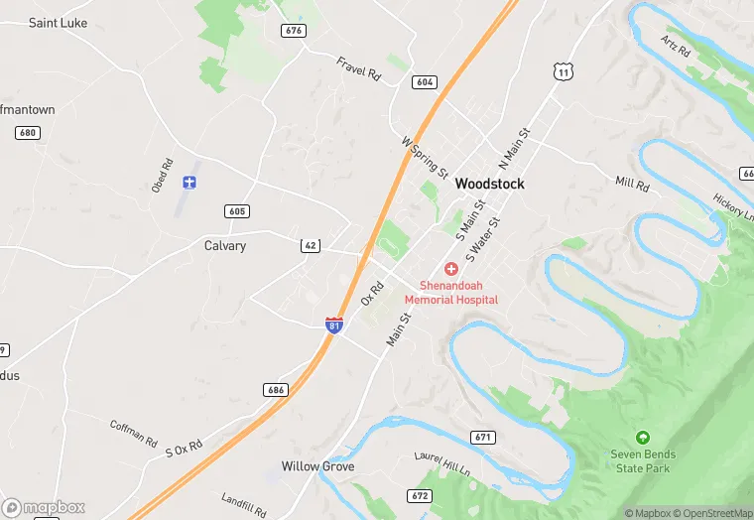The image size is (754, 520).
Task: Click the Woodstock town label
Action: coord(489,185)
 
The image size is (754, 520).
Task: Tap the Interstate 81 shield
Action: coord(334,324)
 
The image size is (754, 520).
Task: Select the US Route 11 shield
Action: coord(563,71)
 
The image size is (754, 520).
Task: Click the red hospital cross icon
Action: coord(451,269)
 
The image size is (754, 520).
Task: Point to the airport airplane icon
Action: coord(189,183)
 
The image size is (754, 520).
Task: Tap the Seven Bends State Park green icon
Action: coord(642,437)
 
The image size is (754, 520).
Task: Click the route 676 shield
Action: coord(293,31)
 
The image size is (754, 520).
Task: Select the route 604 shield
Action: coord(425,82)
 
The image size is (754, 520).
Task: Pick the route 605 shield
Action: coord(237,211)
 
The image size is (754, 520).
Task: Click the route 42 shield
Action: coord(311,245)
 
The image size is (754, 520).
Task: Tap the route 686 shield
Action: coord(276,390)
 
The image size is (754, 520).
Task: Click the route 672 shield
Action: coord(420,495)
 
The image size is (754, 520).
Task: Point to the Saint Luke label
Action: coord(58,23)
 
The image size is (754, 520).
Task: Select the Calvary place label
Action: coord(225,245)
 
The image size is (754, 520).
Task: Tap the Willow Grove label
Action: coord(317,466)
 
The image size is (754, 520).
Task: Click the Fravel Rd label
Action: coord(358,68)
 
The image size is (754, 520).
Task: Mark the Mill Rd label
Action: coord(632,184)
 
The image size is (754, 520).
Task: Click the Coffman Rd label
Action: coord(133,432)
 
